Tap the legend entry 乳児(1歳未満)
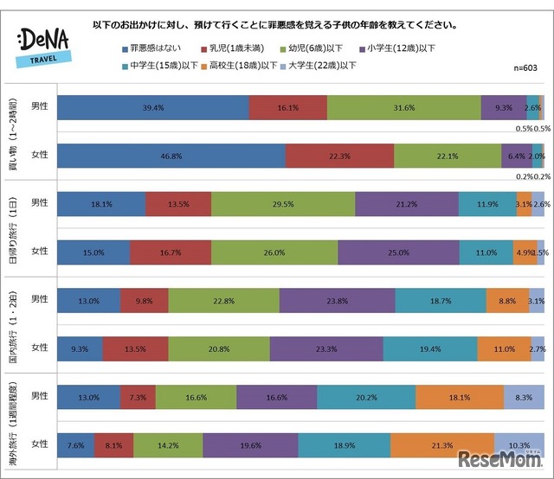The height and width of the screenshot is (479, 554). pyautogui.click(x=236, y=48)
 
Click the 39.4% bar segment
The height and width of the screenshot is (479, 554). pyautogui.click(x=152, y=108)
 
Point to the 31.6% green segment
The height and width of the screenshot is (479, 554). pyautogui.click(x=403, y=108)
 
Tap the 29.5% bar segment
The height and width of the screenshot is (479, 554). pyautogui.click(x=282, y=204)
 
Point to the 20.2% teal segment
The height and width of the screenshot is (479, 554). pyautogui.click(x=365, y=398)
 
